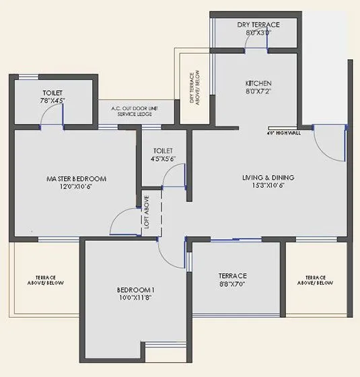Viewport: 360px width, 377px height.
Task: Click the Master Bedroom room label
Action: coord(76,178)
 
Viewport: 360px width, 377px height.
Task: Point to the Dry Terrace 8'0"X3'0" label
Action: coord(258,29)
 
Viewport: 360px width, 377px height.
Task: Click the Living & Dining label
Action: coord(268,178)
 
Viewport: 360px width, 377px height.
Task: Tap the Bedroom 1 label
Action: coord(136,290)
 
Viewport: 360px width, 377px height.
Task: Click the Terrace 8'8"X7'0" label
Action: coord(233,280)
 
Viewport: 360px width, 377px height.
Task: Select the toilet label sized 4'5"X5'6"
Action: coord(164,155)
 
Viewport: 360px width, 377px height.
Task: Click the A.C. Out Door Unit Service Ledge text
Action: coord(135,111)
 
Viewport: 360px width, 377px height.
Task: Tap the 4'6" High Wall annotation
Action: coord(283,133)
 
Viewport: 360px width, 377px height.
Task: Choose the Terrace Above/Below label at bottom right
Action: coord(315,280)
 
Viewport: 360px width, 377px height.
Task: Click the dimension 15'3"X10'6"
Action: coord(268,186)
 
